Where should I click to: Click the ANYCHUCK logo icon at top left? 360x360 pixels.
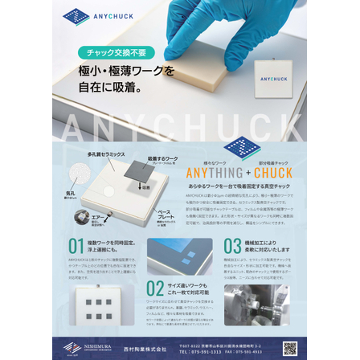[76, 16]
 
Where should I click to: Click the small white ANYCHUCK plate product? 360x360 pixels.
[273, 78]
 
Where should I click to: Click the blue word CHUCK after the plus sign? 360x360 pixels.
[273, 173]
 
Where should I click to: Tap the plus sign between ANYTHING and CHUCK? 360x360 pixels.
[247, 173]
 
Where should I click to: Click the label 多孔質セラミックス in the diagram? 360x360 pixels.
[105, 153]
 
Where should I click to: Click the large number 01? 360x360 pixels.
[76, 246]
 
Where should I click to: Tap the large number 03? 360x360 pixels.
[232, 246]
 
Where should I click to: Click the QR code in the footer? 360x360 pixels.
[289, 348]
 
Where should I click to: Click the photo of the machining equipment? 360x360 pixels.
[256, 304]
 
